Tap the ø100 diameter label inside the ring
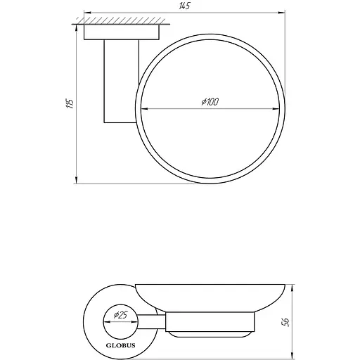pos(210,103)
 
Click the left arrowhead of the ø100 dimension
pos(146,108)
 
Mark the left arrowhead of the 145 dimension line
pos(87,12)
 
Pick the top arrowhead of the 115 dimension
pos(75,28)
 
